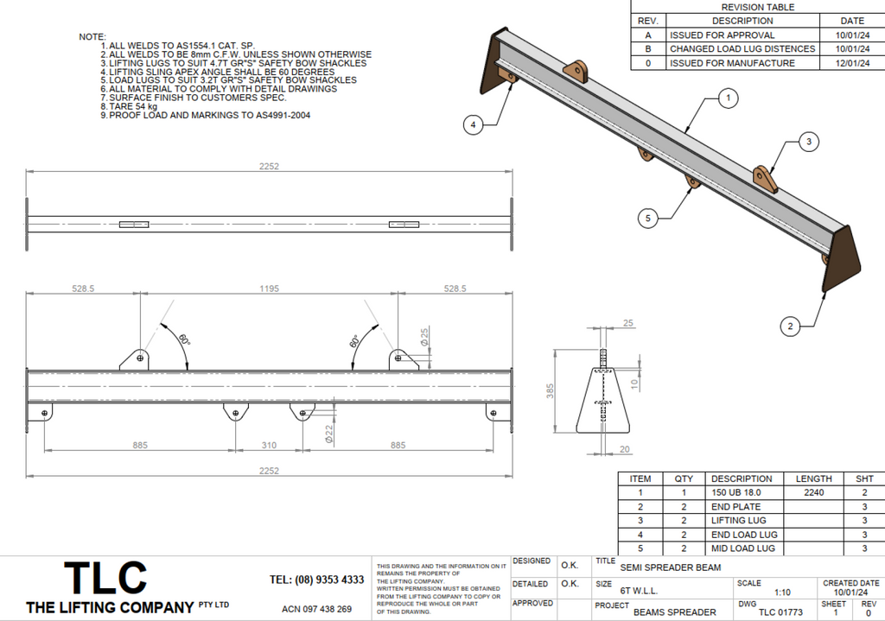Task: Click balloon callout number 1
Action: pyautogui.click(x=729, y=98)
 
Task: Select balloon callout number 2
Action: pyautogui.click(x=789, y=326)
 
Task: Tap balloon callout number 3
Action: pyautogui.click(x=808, y=142)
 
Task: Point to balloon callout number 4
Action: pyautogui.click(x=472, y=125)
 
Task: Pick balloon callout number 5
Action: pyautogui.click(x=649, y=219)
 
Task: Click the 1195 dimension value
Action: pyautogui.click(x=269, y=289)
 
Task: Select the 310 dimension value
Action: pyautogui.click(x=269, y=446)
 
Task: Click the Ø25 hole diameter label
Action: pyautogui.click(x=424, y=336)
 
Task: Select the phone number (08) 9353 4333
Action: pyautogui.click(x=316, y=580)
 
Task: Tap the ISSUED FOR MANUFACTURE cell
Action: pyautogui.click(x=731, y=63)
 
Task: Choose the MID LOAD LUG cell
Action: pyautogui.click(x=743, y=548)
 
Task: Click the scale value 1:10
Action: pyautogui.click(x=782, y=592)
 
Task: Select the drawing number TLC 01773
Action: pyautogui.click(x=780, y=612)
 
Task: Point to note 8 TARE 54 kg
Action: pyautogui.click(x=133, y=107)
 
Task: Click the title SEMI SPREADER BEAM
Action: pyautogui.click(x=670, y=567)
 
